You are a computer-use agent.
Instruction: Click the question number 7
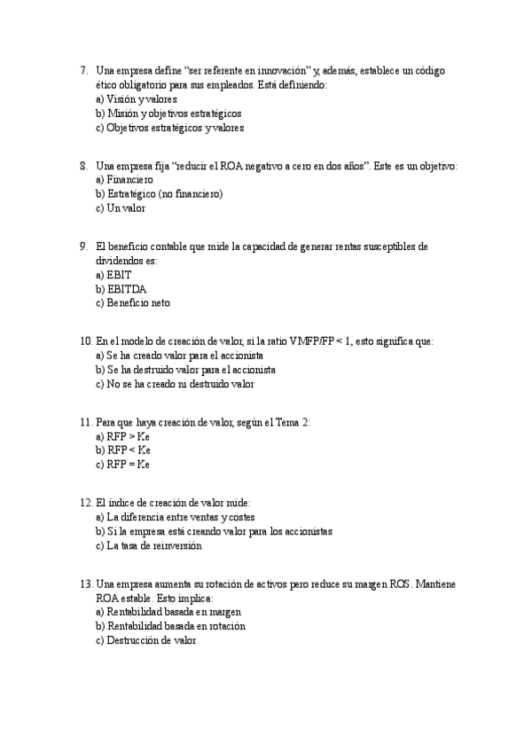(82, 70)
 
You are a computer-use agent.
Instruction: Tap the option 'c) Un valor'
(120, 208)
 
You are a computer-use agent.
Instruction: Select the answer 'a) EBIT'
(113, 275)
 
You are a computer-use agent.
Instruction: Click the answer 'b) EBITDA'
(121, 289)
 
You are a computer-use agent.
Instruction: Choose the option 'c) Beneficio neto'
(132, 303)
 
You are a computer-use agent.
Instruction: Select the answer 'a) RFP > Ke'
(122, 437)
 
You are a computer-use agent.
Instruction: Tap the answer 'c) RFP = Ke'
(122, 465)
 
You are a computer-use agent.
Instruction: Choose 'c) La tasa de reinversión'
(148, 546)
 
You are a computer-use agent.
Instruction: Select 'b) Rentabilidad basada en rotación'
(170, 626)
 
